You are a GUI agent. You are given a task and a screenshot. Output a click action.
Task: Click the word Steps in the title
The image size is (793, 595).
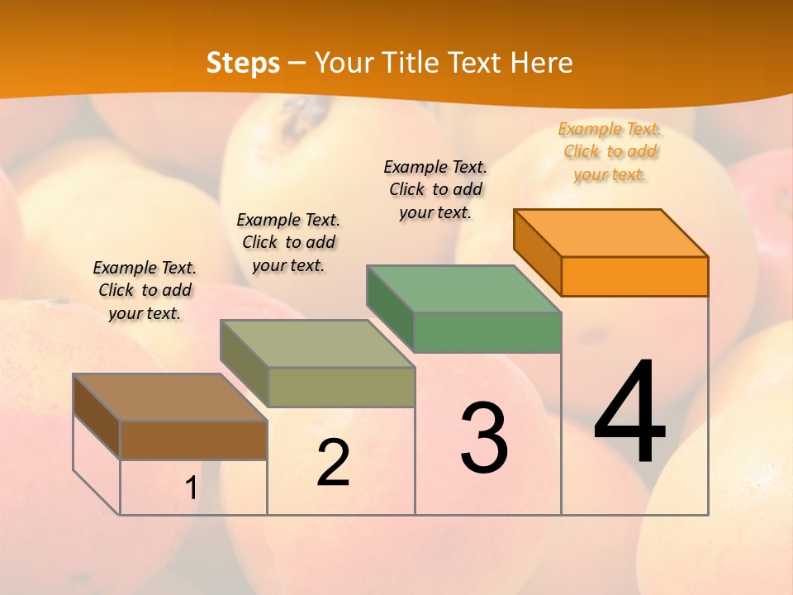243,63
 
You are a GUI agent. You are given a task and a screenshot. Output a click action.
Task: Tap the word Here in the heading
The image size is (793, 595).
541,63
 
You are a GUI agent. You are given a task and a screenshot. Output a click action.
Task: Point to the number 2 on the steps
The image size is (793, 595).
333,463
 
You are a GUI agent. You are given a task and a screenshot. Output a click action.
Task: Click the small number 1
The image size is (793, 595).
191,488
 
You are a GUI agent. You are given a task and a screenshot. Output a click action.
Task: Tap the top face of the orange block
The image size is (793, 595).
611,232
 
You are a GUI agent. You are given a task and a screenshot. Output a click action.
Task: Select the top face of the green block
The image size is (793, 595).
464,288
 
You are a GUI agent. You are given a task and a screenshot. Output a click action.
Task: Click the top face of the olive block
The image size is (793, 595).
317,343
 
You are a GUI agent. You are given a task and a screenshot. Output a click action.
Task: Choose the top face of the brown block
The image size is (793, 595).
170,397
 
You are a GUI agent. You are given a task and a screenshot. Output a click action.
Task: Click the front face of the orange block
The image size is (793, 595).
634,276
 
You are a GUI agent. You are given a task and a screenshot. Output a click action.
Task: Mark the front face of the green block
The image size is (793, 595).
487,332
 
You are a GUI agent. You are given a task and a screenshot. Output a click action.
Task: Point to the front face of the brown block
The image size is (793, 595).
193,440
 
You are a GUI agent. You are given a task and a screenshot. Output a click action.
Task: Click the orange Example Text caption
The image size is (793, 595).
610,152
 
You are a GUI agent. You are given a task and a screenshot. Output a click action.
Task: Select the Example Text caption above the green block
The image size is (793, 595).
435,190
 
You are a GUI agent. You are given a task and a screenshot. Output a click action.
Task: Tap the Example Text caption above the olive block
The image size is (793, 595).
288,242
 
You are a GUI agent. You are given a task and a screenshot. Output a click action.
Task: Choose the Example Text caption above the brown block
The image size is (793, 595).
145,290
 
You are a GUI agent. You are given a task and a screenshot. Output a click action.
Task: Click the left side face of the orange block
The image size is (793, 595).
537,252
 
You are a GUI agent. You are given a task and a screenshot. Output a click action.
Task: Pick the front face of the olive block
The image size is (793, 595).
340,387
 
